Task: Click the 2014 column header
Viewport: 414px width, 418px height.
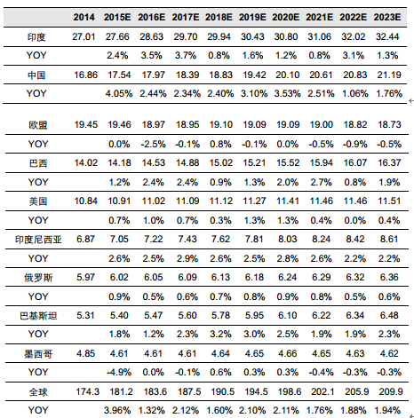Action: point(84,17)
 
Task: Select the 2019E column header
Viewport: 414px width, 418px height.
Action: point(252,17)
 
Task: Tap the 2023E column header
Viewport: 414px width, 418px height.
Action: point(387,17)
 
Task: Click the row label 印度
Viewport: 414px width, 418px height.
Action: point(36,37)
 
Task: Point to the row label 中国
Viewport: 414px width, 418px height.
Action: point(36,75)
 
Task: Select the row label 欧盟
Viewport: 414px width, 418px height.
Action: point(38,125)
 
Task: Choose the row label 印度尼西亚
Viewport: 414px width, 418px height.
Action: point(38,240)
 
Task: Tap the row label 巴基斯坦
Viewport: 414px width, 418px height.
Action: point(38,316)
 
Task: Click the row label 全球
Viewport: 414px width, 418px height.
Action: point(38,392)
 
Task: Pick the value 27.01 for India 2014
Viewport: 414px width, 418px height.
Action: point(84,36)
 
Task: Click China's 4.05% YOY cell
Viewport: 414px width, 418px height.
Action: point(119,94)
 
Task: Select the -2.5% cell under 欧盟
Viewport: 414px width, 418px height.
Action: point(153,145)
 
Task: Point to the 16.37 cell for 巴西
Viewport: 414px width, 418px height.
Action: point(389,162)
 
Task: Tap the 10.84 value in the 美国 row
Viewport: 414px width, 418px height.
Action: point(85,201)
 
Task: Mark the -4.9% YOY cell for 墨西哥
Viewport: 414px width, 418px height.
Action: point(119,373)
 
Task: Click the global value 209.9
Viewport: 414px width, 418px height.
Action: point(391,392)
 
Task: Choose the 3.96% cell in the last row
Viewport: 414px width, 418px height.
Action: point(117,411)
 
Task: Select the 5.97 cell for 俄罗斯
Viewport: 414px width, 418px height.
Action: point(85,278)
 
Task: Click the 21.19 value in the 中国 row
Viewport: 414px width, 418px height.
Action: point(389,75)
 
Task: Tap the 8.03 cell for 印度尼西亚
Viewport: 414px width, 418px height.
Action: point(287,240)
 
